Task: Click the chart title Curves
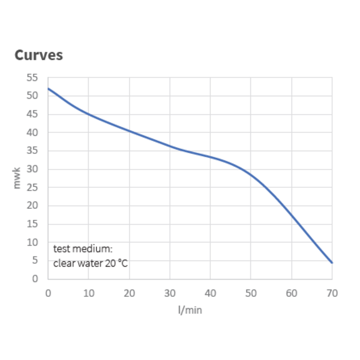38,55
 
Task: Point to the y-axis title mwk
17,178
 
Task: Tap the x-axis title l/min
190,310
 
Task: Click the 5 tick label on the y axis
35,260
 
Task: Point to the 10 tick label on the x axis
89,292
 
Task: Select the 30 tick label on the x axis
169,292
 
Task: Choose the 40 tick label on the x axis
210,292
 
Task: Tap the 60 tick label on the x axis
291,292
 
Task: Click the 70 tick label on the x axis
332,292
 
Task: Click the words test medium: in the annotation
83,249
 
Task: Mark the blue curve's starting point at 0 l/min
48,89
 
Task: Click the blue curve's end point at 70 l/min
332,263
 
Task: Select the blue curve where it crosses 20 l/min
129,131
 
